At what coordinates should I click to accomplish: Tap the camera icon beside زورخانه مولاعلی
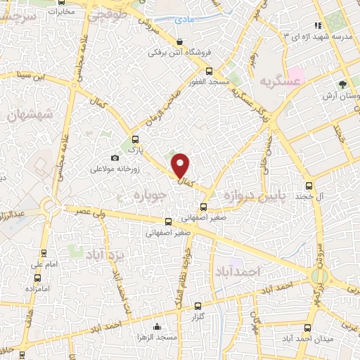point(115,158)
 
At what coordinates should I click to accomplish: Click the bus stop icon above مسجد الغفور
point(208,71)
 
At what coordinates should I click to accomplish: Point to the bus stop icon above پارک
point(135,139)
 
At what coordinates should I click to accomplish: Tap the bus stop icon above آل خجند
point(309,186)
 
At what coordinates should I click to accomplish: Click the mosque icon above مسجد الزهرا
point(157,327)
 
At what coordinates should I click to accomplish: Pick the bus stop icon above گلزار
point(198,306)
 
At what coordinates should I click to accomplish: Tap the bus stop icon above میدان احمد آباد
point(306,328)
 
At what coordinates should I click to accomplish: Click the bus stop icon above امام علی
point(44,254)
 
